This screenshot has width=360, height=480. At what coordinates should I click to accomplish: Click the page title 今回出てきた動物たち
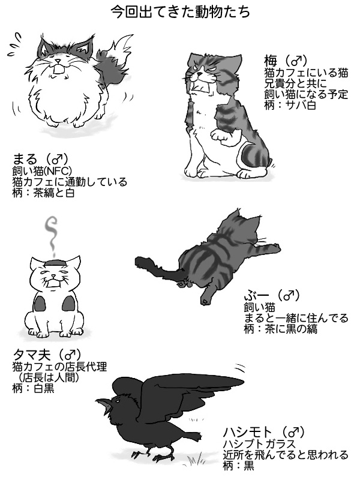(x=181, y=12)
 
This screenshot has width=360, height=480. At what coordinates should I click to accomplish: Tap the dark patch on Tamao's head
(x=55, y=262)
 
